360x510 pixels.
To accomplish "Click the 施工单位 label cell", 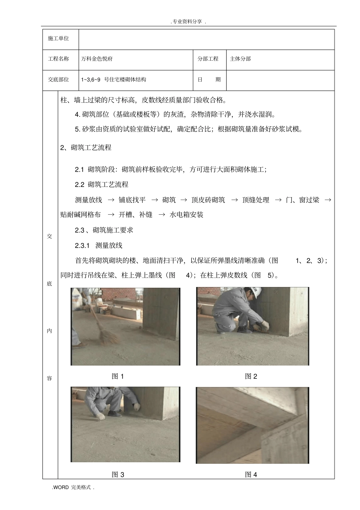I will click(58, 39).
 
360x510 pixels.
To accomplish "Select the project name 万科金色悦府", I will click(97, 59).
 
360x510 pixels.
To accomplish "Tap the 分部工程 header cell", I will click(208, 59).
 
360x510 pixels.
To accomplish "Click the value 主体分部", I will click(240, 59).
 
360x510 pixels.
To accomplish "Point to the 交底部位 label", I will click(58, 80).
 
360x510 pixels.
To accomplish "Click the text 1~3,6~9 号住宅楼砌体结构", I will click(113, 80).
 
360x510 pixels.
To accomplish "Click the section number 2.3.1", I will click(82, 245).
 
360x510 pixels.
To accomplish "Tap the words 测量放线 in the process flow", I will click(88, 200).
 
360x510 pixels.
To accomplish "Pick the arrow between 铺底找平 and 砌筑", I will click(155, 200).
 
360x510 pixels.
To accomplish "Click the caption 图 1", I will click(118, 376).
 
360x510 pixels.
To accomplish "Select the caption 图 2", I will click(251, 376).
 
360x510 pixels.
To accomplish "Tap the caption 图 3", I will click(118, 474).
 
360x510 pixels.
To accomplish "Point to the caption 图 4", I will click(251, 474).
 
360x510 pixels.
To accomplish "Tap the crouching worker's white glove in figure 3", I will click(100, 416).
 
